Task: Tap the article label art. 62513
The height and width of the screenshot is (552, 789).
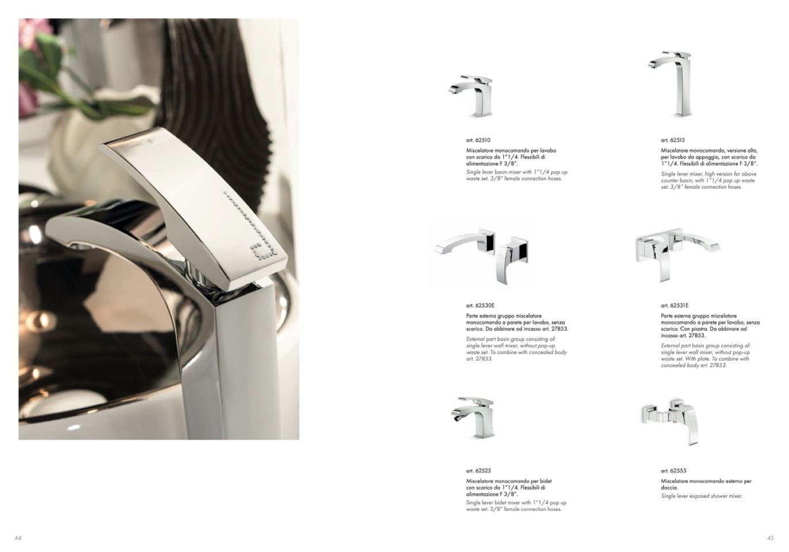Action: (672, 140)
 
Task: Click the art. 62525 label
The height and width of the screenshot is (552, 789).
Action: (478, 471)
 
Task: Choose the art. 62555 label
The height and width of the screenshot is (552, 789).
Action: (673, 471)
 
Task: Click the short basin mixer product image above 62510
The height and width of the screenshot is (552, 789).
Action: (471, 96)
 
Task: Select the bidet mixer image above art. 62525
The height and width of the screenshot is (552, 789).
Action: (473, 418)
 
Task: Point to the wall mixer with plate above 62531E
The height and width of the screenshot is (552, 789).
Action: (677, 254)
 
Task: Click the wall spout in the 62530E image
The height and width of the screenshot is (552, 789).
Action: (465, 243)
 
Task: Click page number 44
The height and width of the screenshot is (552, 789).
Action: (18, 538)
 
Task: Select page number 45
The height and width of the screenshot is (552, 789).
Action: (771, 538)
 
